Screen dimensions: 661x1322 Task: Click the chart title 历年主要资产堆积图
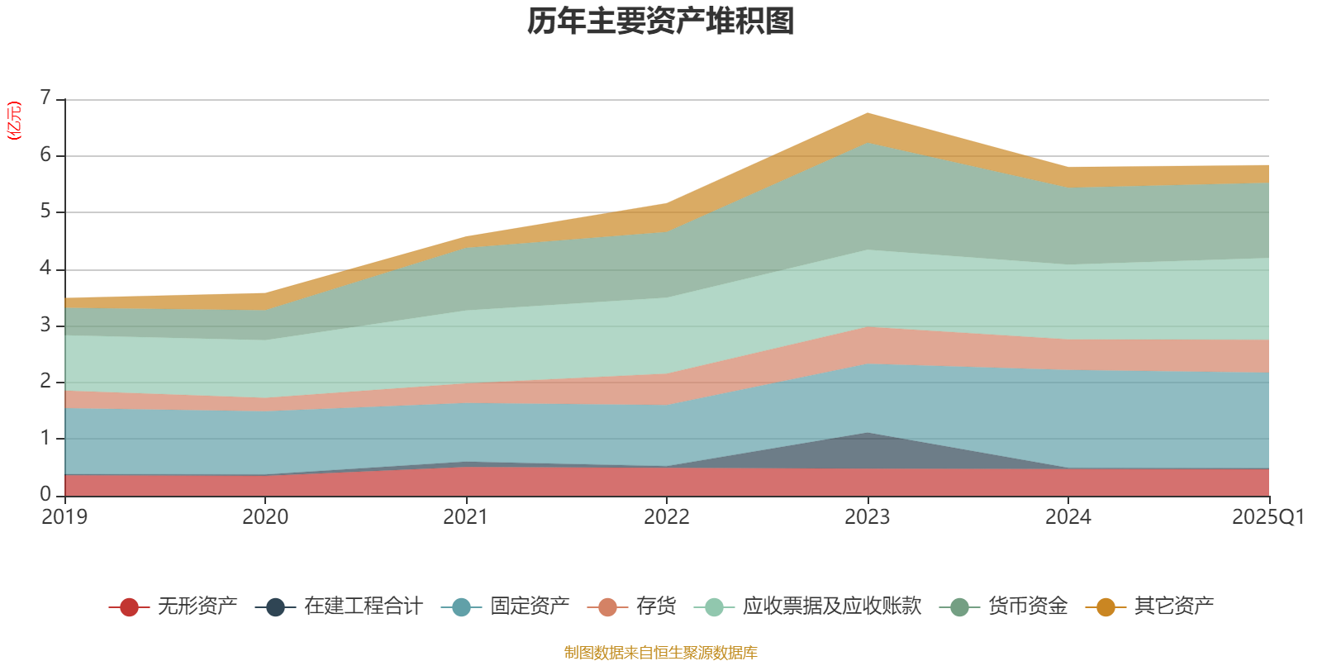[661, 21]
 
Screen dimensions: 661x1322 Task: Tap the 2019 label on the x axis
[64, 517]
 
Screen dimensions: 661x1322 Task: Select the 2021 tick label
[466, 517]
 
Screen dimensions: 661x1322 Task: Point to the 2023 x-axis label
[868, 517]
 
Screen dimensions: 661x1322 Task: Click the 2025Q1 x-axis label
[1267, 517]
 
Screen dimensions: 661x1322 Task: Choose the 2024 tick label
[1068, 517]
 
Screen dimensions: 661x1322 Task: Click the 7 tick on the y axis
[45, 98]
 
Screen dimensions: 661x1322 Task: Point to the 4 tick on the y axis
[45, 269]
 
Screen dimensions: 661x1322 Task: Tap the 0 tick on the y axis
[45, 494]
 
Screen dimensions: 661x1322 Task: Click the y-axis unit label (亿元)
[14, 121]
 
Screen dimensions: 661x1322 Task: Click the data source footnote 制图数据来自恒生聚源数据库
[661, 653]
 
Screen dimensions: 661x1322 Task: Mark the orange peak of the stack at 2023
[868, 115]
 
